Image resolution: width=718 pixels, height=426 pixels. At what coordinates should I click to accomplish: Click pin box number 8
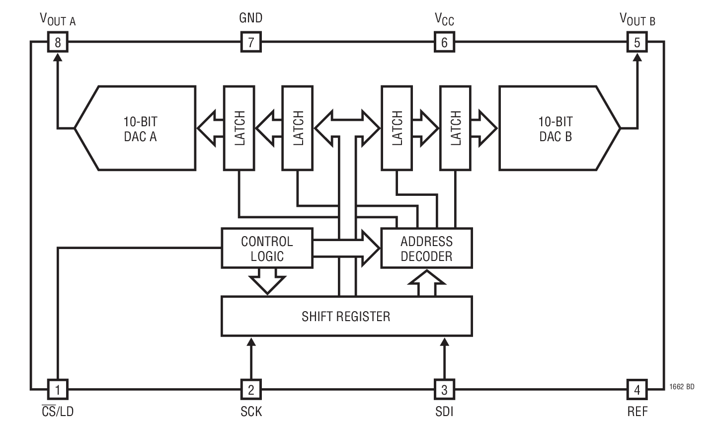pos(58,42)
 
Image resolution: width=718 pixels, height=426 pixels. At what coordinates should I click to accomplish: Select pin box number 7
pos(251,42)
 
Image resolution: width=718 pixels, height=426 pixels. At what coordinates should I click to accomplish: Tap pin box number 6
pos(444,42)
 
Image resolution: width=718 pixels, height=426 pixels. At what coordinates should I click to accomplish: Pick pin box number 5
pos(637,42)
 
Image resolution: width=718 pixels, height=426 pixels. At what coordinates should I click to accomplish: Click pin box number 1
pos(58,389)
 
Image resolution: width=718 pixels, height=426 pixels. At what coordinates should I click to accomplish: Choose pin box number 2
pos(251,389)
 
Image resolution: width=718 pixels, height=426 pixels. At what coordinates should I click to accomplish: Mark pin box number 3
pos(444,389)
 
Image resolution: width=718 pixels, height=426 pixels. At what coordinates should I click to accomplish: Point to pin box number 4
pos(637,389)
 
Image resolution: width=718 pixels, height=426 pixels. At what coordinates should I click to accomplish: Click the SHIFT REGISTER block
pos(346,316)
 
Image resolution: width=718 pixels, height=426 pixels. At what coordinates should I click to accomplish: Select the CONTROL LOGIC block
pos(267,249)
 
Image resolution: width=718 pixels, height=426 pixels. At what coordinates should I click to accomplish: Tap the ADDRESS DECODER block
pos(426,249)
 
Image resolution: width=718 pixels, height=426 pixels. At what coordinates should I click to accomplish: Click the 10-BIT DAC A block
pos(140,128)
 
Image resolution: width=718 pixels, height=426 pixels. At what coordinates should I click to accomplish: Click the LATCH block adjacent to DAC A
pos(239,128)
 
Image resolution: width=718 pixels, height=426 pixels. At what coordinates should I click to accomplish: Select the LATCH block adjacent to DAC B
pos(455,128)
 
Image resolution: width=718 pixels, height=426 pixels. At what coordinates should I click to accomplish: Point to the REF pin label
pos(637,412)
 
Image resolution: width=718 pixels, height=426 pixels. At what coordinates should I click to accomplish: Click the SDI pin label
pos(444,412)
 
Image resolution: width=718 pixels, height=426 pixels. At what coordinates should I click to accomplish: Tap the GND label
pos(250,18)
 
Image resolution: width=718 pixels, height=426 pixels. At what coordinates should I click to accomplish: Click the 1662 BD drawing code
pos(682,387)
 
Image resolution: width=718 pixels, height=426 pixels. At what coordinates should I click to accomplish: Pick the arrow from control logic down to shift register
pos(267,281)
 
